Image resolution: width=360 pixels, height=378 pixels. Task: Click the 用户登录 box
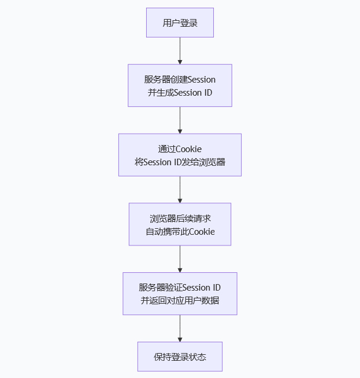point(180,23)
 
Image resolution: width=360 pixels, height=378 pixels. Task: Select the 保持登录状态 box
point(180,357)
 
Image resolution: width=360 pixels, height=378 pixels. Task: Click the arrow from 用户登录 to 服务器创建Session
point(180,50)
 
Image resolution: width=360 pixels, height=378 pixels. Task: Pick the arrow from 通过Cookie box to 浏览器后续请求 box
point(180,189)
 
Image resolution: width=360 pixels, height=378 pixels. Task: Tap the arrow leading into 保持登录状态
point(180,327)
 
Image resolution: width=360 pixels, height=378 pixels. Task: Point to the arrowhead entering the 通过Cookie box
point(180,130)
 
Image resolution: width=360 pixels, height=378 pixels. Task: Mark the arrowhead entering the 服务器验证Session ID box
point(180,269)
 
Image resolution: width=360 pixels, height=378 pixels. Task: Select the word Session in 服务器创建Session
point(201,80)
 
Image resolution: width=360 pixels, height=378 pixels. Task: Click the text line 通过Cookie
point(180,149)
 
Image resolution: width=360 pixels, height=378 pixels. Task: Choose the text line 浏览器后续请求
point(180,218)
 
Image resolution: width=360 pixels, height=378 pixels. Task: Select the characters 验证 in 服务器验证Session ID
point(174,288)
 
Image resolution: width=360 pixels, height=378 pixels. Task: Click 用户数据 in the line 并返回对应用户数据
point(205,300)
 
